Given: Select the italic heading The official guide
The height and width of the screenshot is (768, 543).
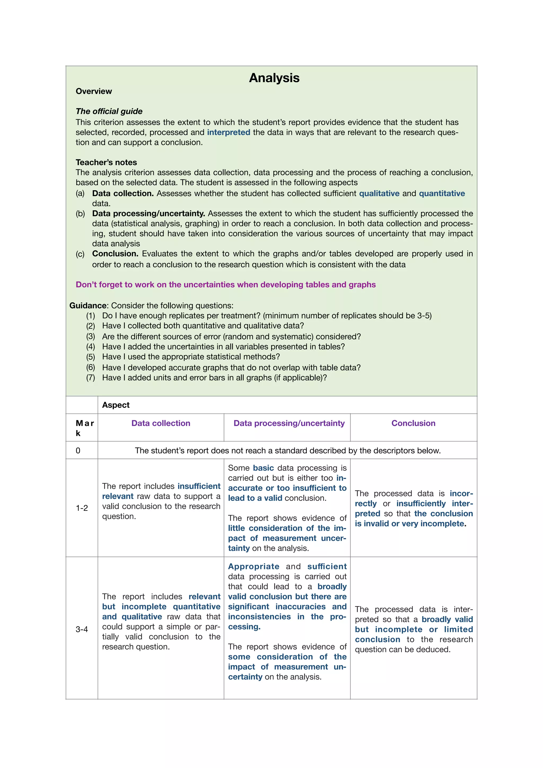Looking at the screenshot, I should [109, 111].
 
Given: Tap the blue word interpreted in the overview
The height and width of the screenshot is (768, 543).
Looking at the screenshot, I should [229, 133].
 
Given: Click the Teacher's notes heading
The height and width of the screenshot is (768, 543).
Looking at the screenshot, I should [106, 162].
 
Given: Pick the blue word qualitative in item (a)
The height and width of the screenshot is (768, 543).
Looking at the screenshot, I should [379, 194].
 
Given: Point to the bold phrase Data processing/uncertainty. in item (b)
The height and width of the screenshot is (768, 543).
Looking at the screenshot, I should [148, 214].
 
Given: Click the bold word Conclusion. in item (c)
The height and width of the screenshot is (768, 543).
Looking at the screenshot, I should [115, 254].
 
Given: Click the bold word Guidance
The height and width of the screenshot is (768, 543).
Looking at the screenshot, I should [88, 306].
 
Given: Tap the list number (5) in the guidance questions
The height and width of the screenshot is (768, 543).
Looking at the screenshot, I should [91, 357].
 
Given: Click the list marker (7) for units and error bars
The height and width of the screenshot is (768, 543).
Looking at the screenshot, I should [91, 378].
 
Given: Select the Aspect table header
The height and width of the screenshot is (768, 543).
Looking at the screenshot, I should [116, 405].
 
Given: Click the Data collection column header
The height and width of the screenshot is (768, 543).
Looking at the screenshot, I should [161, 423].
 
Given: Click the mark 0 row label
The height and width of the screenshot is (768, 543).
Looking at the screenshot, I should [78, 451].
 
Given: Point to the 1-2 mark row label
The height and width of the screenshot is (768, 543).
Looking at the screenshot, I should [82, 508].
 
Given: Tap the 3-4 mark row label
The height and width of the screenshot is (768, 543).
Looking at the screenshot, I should [82, 629].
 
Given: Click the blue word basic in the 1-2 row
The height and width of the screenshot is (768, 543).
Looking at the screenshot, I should [263, 468].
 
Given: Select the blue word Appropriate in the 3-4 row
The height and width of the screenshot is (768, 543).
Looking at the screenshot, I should [253, 567].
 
